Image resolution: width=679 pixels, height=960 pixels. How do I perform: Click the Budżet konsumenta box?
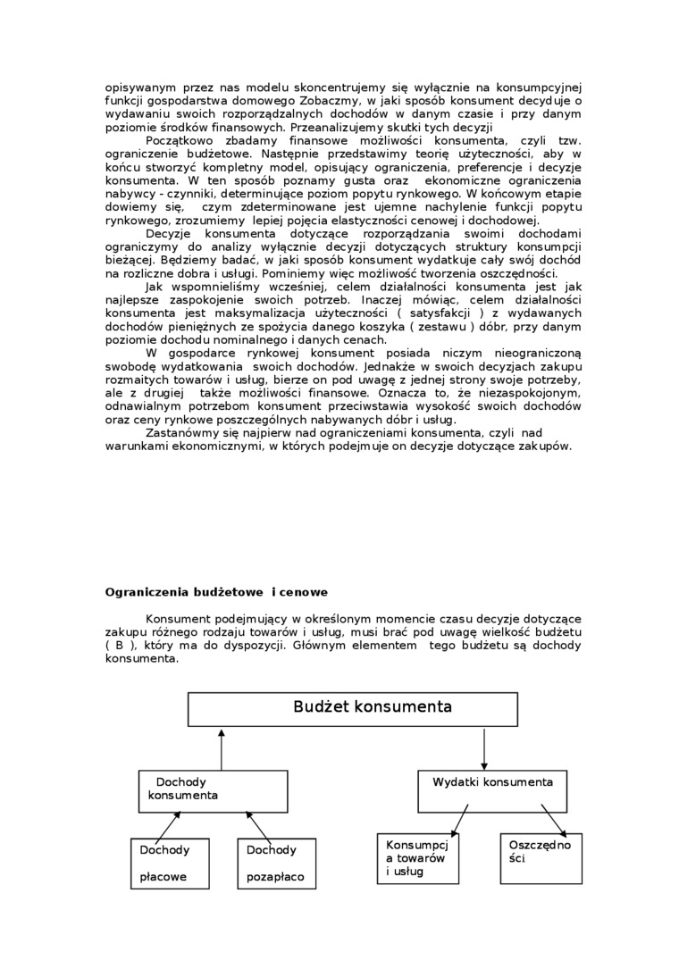[x=353, y=708]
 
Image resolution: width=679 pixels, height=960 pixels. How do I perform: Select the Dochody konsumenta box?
[x=213, y=789]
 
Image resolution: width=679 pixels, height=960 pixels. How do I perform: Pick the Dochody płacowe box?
[x=170, y=864]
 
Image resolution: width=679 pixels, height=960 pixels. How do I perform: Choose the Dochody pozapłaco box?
[x=277, y=864]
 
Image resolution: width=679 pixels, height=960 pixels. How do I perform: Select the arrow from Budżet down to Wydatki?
[x=484, y=748]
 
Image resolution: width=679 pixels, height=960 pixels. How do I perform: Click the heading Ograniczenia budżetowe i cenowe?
[x=216, y=591]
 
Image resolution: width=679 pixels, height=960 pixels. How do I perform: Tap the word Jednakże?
[x=463, y=367]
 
